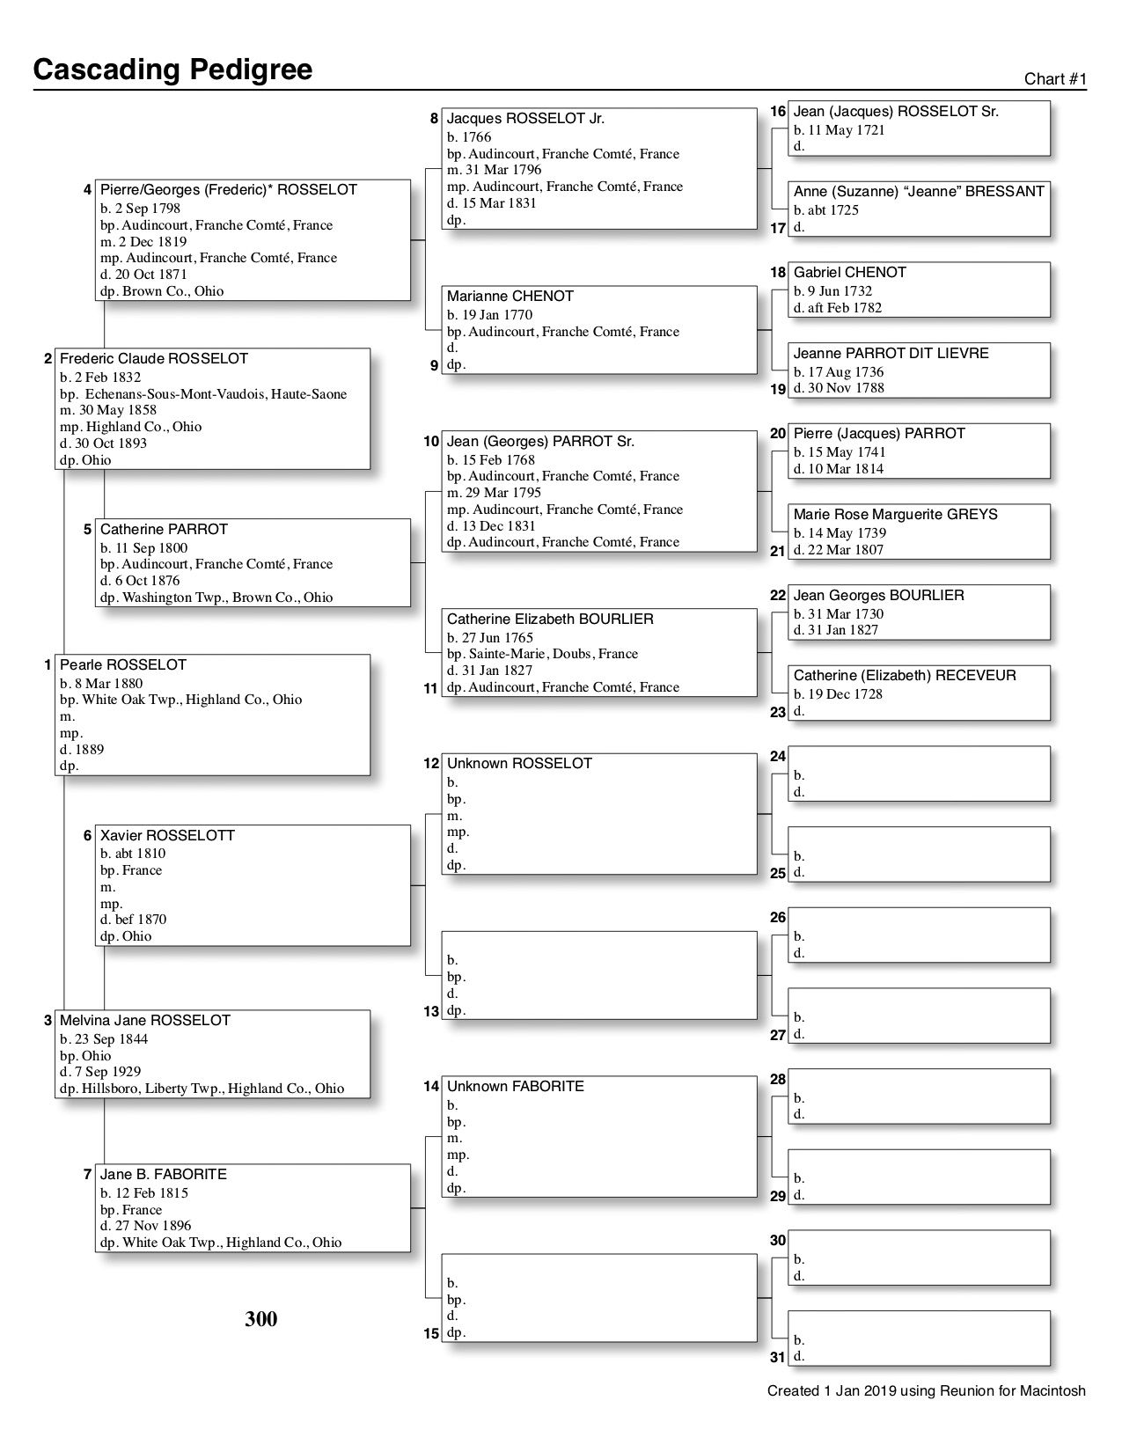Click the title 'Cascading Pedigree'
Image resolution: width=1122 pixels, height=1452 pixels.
pos(172,70)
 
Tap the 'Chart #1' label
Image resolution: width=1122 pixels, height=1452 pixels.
pos(1055,79)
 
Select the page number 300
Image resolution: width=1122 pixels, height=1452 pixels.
pos(261,1318)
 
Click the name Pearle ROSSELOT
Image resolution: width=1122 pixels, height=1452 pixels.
pos(123,665)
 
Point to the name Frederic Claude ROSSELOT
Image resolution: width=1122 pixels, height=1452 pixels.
pos(154,359)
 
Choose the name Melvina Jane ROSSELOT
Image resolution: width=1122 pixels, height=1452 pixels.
pos(145,1021)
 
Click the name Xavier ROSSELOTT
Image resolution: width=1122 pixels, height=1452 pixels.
pos(167,835)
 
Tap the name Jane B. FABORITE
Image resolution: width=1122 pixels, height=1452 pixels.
pos(164,1175)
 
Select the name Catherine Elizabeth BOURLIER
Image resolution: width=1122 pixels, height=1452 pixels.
pos(550,620)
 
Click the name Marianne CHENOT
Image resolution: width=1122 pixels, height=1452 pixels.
pos(510,297)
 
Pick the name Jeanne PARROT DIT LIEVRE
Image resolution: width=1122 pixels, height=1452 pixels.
pos(891,354)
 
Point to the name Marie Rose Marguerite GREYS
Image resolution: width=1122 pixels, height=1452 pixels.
pos(895,515)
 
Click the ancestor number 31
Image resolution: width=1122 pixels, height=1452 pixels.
pos(777,1357)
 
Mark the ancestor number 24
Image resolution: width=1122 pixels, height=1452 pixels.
pos(778,756)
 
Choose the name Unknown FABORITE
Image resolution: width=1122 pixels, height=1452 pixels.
pos(516,1087)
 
